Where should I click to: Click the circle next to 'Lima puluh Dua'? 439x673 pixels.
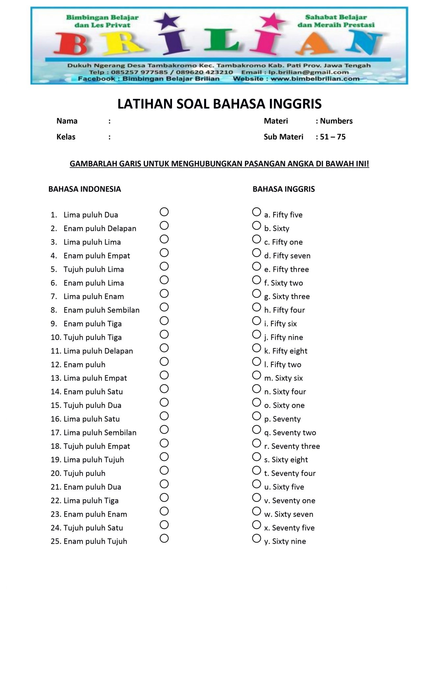(164, 212)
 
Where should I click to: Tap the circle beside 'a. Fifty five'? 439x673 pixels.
(256, 212)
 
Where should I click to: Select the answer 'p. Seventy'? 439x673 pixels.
(282, 419)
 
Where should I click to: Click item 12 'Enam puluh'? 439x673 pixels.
(84, 364)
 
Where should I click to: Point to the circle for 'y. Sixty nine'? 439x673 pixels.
(256, 538)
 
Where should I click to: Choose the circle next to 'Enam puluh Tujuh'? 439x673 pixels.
(164, 538)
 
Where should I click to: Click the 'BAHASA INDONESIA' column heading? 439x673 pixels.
(85, 189)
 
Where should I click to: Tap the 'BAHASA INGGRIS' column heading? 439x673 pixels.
(283, 189)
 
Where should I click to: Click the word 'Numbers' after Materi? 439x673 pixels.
(336, 121)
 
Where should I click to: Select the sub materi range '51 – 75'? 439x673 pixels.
(332, 137)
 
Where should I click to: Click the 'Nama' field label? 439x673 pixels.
(67, 121)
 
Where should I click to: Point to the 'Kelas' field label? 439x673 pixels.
(66, 137)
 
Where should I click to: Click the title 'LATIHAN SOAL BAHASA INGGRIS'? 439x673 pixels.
(219, 104)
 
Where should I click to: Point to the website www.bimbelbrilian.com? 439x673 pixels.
(315, 79)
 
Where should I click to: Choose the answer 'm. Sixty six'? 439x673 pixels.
(283, 378)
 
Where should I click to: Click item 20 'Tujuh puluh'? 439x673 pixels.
(84, 474)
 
